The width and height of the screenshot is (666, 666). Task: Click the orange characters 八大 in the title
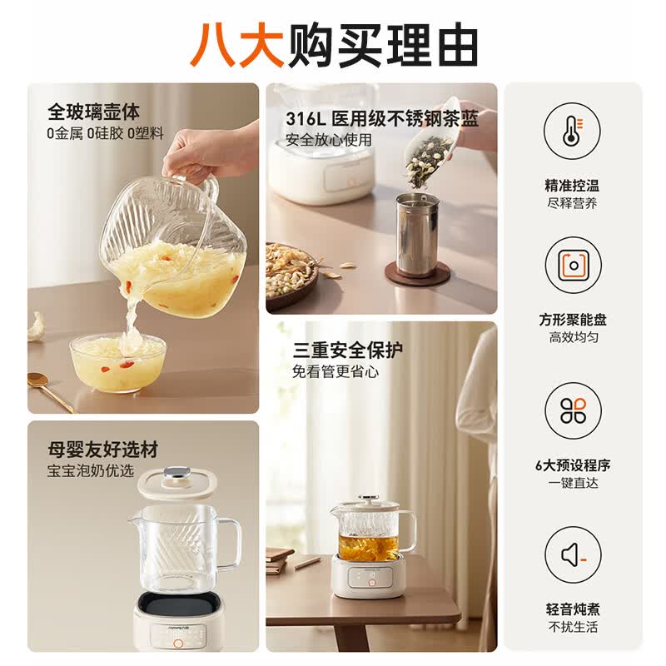236,44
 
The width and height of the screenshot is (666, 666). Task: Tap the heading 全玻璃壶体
93,112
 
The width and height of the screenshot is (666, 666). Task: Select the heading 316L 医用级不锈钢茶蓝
382,119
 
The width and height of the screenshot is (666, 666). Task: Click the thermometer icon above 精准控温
573,132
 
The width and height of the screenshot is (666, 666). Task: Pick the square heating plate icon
574,266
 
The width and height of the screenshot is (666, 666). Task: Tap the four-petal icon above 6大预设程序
573,410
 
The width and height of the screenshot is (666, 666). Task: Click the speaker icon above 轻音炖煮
573,554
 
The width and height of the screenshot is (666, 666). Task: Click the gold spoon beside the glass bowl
50,390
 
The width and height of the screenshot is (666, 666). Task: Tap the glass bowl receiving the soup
117,362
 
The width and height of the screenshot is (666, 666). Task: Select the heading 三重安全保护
347,350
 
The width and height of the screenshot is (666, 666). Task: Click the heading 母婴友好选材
102,450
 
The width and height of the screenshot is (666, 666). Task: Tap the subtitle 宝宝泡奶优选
91,470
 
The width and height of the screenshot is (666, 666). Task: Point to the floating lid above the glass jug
178,483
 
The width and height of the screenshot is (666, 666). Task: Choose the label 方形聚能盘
573,320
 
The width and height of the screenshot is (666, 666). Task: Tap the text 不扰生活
573,627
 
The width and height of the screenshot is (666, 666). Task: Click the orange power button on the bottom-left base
178,644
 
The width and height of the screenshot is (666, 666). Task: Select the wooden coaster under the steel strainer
418,273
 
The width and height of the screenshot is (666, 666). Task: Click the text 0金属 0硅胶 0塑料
106,134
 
